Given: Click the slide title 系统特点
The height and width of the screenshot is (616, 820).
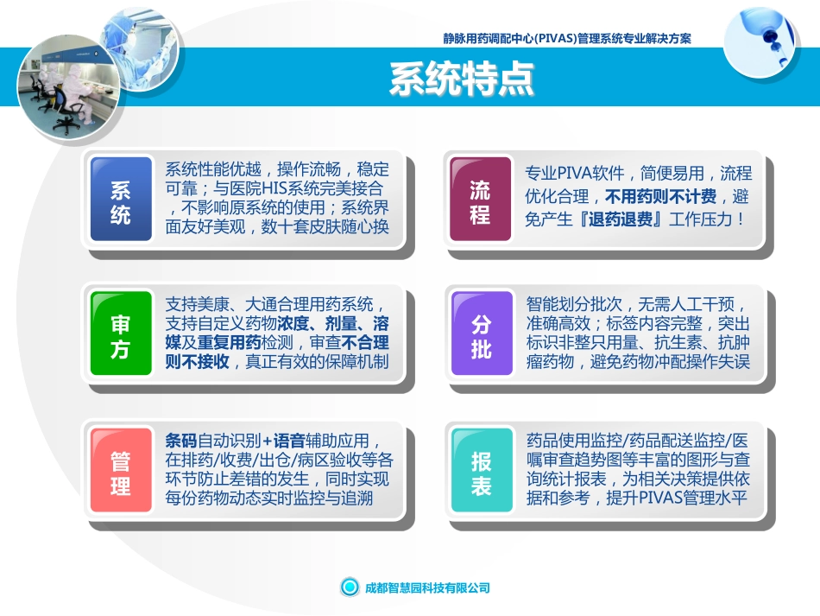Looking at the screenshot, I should [x=462, y=79].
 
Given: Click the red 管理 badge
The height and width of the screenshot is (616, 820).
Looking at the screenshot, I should [x=121, y=473].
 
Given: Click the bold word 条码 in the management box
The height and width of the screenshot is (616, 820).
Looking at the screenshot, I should [x=181, y=439].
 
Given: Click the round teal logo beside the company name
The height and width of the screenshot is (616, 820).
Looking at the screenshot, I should [x=349, y=587].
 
